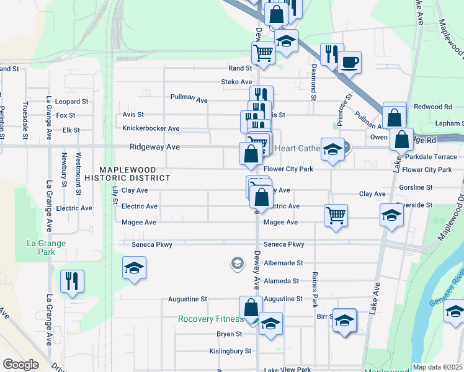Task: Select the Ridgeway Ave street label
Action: point(154,147)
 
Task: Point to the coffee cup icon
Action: point(349,62)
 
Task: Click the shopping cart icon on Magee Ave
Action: point(336,216)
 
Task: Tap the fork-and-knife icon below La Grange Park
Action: point(72,281)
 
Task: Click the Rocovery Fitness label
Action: point(210,319)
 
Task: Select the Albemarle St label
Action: point(283,263)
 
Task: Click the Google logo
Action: point(20,365)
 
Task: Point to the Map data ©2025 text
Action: point(437,367)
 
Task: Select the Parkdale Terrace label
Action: point(431,157)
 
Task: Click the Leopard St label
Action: point(72,102)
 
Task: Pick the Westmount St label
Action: point(79,170)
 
